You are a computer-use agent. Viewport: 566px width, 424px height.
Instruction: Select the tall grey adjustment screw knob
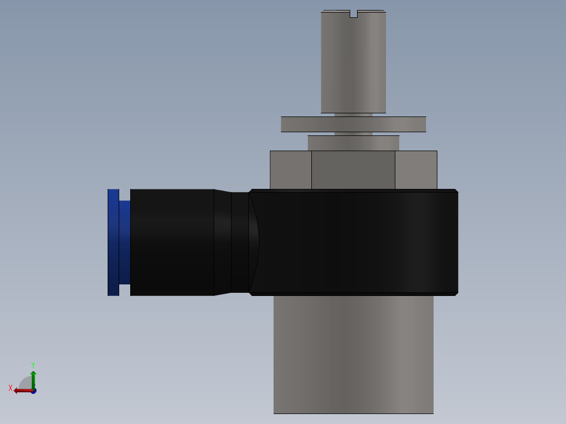[x=353, y=63]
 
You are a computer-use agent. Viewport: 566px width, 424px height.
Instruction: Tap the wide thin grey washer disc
[x=353, y=124]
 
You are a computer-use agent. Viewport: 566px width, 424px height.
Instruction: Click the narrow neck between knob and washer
[x=353, y=114]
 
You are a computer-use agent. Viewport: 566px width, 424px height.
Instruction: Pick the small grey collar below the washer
[x=353, y=143]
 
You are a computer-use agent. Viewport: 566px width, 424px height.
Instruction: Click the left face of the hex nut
[x=290, y=169]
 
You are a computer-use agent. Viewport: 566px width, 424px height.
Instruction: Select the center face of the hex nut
[x=353, y=169]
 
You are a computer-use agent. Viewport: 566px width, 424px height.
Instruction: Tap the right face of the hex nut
[x=416, y=169]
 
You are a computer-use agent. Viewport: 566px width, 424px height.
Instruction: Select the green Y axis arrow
[x=33, y=379]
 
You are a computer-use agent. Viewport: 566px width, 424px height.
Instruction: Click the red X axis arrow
[x=22, y=390]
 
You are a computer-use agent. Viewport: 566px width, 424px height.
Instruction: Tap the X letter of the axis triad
[x=11, y=388]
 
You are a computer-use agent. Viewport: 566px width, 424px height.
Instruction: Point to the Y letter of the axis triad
[x=33, y=364]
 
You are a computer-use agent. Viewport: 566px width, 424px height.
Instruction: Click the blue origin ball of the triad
[x=34, y=391]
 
